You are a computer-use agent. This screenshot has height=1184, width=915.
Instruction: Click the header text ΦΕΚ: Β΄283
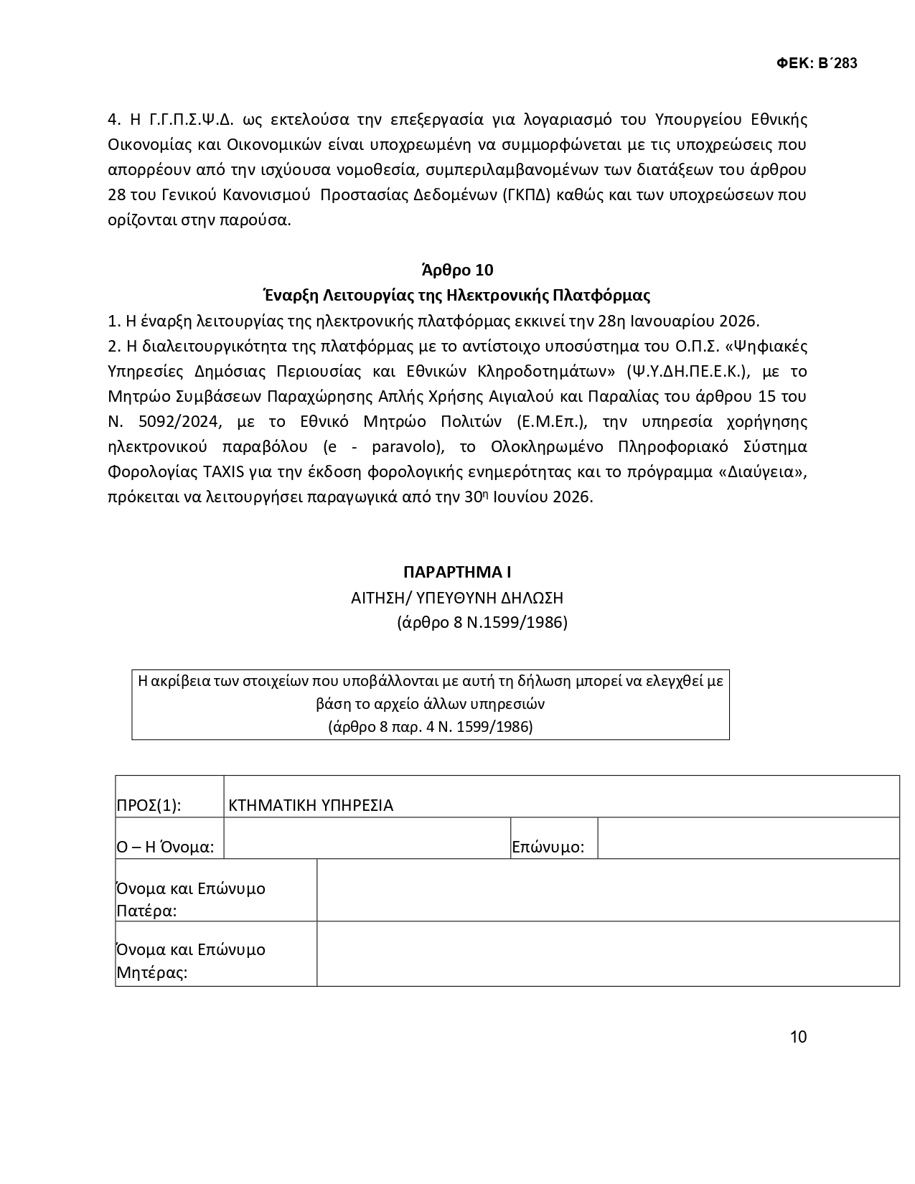point(817,63)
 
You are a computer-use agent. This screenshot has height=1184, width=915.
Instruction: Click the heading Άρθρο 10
point(457,270)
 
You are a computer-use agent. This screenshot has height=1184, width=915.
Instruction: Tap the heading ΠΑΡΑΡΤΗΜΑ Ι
point(457,572)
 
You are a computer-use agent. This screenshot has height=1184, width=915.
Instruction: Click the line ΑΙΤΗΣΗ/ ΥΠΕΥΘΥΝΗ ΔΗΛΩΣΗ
point(457,597)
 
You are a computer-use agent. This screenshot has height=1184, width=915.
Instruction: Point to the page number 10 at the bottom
point(798,1037)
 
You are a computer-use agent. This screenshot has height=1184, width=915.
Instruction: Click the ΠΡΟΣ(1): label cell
point(149,805)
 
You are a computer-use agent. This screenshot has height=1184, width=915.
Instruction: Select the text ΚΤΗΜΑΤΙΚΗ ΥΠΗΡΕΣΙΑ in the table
point(311,805)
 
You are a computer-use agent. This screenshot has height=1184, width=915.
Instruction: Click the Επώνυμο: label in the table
point(548,847)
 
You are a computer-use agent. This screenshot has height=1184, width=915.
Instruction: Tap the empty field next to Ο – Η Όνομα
point(367,838)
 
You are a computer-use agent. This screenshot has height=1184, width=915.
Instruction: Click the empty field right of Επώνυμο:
point(748,838)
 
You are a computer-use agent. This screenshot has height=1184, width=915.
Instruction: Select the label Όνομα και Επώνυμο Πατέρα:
point(190,899)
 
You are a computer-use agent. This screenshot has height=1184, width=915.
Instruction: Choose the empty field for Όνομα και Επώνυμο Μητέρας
point(607,954)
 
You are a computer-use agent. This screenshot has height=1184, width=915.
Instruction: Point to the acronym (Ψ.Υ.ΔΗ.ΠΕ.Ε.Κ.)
point(687,371)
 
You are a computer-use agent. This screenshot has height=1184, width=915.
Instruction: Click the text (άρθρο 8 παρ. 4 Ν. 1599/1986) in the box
point(430,726)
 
